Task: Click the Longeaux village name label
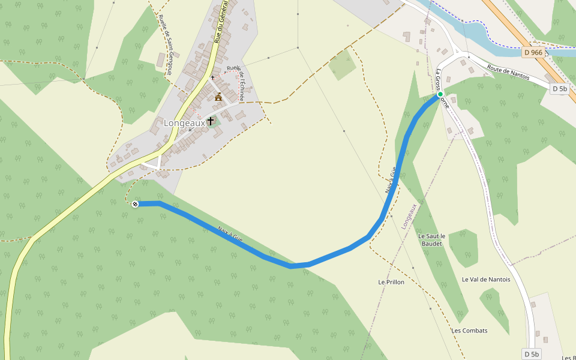click(x=184, y=123)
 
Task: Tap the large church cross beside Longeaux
click(x=211, y=121)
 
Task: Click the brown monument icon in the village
click(x=218, y=97)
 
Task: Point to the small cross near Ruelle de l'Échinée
click(x=212, y=77)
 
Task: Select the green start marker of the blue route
click(x=440, y=94)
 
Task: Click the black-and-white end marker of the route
click(x=135, y=204)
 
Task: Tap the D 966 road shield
click(x=533, y=52)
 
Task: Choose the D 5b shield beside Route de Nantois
click(x=559, y=89)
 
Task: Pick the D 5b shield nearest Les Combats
click(x=532, y=353)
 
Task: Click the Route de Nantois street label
click(x=509, y=76)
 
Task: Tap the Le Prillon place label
click(x=391, y=281)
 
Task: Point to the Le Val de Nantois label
click(x=486, y=279)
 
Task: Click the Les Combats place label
click(x=469, y=331)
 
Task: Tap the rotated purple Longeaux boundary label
click(x=408, y=216)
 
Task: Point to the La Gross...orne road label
click(x=442, y=89)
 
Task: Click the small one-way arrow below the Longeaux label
click(x=190, y=130)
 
